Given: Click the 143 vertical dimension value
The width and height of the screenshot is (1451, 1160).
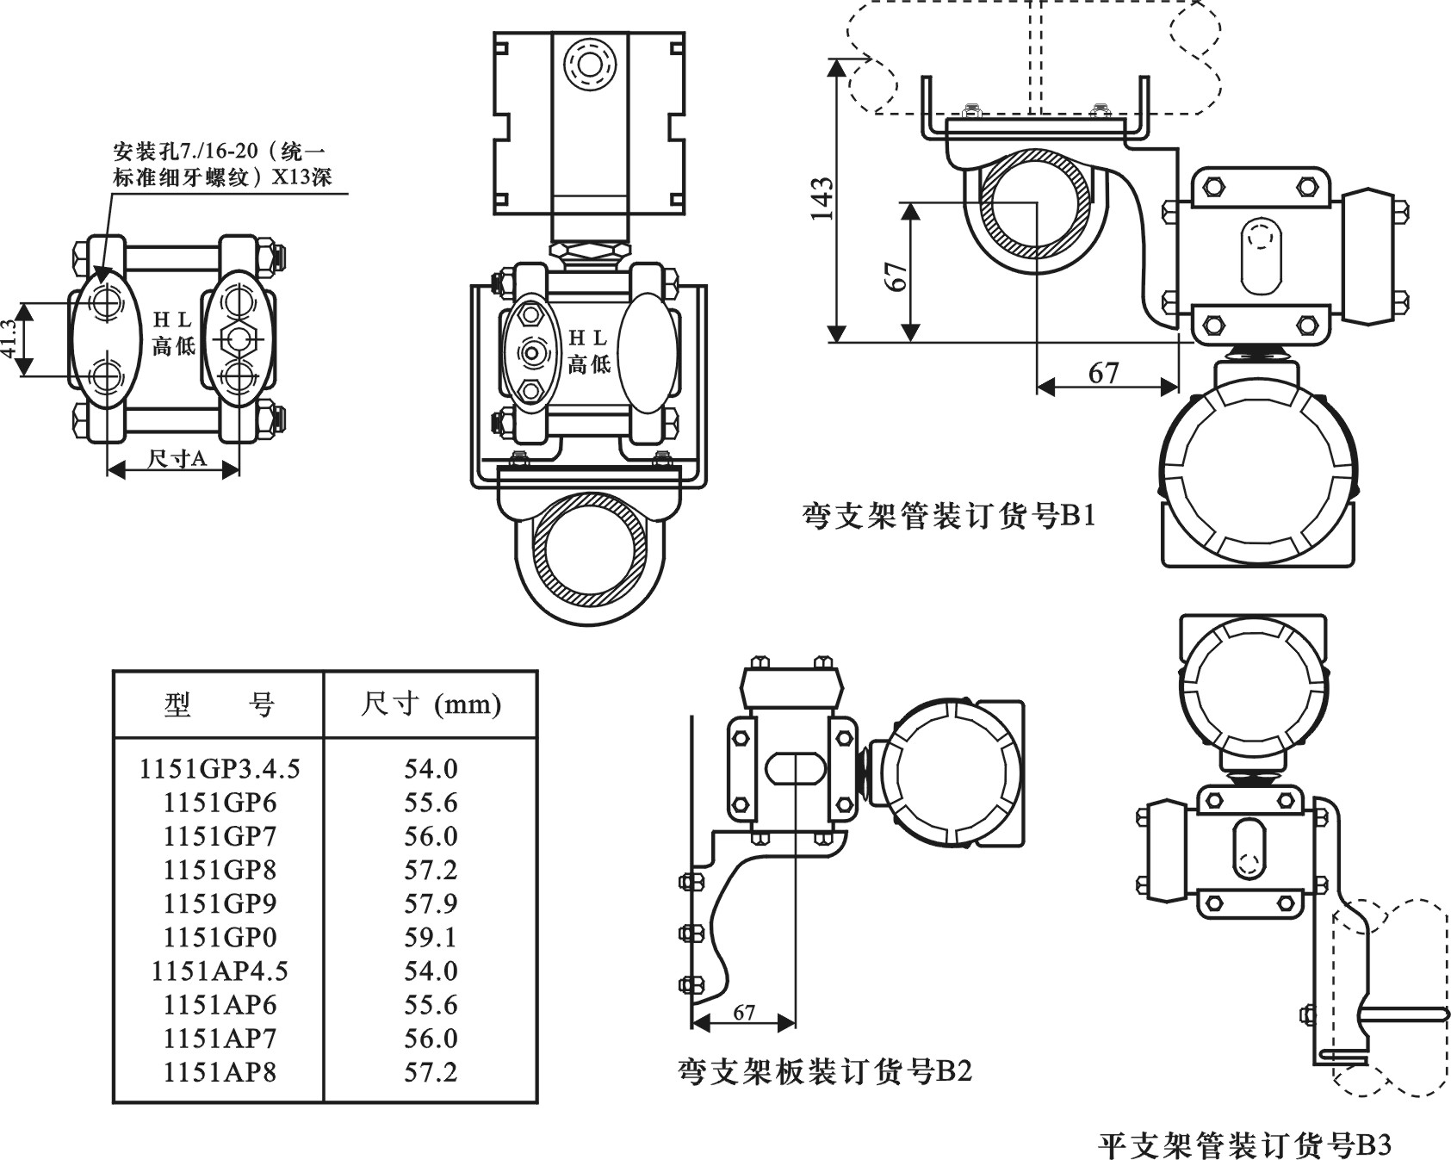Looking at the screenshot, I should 822,200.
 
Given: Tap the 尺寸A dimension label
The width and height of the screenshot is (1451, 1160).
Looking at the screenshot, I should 177,459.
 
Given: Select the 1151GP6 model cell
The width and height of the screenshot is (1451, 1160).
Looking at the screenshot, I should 220,803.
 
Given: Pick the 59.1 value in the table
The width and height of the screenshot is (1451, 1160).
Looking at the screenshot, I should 431,937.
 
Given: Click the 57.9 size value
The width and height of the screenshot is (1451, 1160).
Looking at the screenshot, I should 431,903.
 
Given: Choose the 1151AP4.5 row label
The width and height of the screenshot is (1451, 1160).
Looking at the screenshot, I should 220,971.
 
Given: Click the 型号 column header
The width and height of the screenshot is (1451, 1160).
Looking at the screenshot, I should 219,705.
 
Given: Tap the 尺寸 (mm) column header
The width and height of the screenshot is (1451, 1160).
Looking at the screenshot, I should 431,705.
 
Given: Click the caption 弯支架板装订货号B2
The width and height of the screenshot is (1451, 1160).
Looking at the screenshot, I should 824,1071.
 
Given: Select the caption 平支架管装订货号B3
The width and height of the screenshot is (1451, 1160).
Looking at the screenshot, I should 1244,1145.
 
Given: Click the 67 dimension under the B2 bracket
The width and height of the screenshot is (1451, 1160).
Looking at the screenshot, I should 744,1013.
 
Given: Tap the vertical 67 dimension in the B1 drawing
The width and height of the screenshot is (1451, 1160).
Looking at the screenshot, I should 896,276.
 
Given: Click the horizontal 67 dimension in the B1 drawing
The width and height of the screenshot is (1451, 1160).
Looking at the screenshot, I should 1103,373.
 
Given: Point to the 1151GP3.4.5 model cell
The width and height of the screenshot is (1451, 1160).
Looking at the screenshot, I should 220,769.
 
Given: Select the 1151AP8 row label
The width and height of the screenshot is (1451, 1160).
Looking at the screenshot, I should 220,1072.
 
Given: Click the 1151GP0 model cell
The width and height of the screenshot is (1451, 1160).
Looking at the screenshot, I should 220,937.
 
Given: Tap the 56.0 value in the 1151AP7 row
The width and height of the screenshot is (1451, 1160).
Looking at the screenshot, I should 431,1039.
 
